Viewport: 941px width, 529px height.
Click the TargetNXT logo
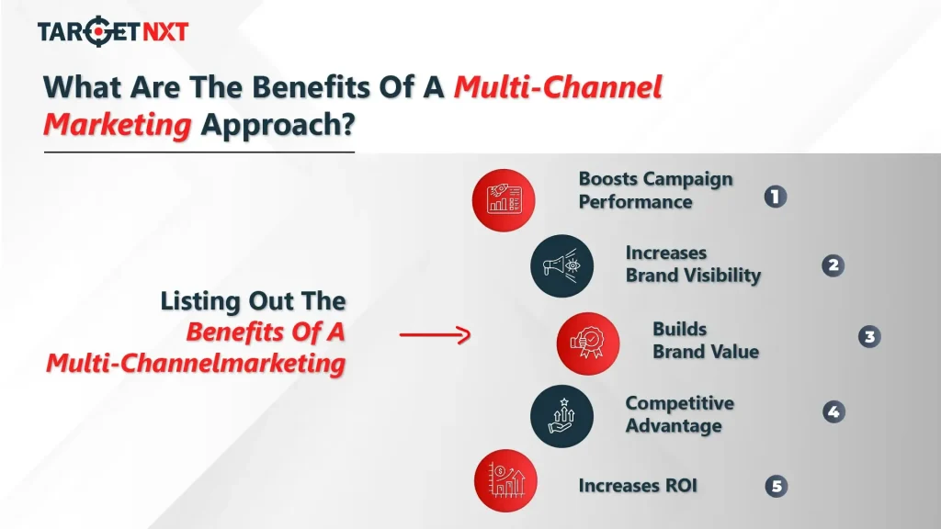tap(112, 32)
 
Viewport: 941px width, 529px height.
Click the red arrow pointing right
tap(435, 335)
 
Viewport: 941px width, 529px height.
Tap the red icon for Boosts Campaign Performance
tap(503, 199)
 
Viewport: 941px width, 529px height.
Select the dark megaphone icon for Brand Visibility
tap(561, 265)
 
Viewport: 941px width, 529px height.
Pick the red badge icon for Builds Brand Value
tap(587, 343)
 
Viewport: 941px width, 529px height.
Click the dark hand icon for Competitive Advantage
tap(561, 416)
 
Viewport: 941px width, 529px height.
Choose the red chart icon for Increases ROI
tap(504, 480)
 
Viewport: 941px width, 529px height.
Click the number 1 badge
tap(776, 197)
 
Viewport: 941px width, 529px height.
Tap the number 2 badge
tap(833, 266)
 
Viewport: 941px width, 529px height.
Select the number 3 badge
tap(868, 337)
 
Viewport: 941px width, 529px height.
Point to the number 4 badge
tap(833, 412)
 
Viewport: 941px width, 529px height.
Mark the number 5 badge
tap(777, 487)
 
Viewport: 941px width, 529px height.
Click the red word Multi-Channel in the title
tap(559, 88)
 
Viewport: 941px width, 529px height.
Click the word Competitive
tap(679, 403)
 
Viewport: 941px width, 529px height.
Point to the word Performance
tap(635, 201)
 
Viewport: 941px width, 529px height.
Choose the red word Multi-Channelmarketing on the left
tap(196, 364)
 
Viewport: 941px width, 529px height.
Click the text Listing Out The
tap(253, 301)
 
